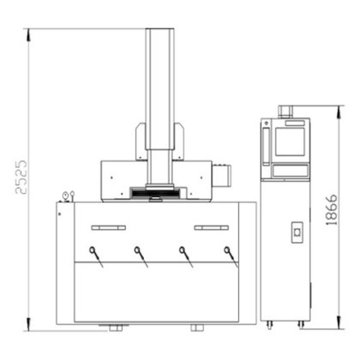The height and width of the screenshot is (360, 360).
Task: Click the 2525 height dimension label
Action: [x=21, y=177]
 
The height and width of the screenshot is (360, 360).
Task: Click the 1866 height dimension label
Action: [x=332, y=210]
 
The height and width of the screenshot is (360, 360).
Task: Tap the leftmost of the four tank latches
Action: [x=96, y=257]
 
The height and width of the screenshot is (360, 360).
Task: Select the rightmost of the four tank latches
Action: [x=231, y=257]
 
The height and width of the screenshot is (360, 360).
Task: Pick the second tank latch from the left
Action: [x=141, y=257]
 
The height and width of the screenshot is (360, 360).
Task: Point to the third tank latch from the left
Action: [x=186, y=257]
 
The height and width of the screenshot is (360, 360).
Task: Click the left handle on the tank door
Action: [x=109, y=228]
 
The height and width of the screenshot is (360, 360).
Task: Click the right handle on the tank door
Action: [x=212, y=228]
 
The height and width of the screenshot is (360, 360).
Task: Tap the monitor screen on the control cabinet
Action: [x=290, y=141]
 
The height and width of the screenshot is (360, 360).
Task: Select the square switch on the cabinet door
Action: [x=297, y=232]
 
